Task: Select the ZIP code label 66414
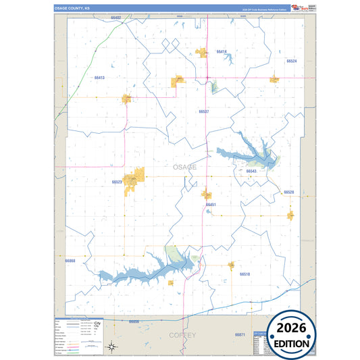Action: pyautogui.click(x=222, y=51)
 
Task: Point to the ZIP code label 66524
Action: pyautogui.click(x=292, y=61)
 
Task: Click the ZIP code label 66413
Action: pyautogui.click(x=99, y=78)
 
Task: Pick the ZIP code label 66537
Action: pyautogui.click(x=204, y=111)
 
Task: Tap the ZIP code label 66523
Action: pyautogui.click(x=117, y=182)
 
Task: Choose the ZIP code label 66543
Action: pyautogui.click(x=251, y=172)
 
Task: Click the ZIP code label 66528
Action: pyautogui.click(x=289, y=192)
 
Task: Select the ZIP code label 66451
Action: pyautogui.click(x=211, y=204)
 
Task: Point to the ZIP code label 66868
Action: pyautogui.click(x=70, y=260)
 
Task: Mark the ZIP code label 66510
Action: pyautogui.click(x=245, y=274)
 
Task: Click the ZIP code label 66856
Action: pyautogui.click(x=134, y=322)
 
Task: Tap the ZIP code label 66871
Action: pyautogui.click(x=240, y=335)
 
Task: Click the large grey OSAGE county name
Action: pyautogui.click(x=184, y=167)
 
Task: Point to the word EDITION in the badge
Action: pyautogui.click(x=292, y=343)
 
